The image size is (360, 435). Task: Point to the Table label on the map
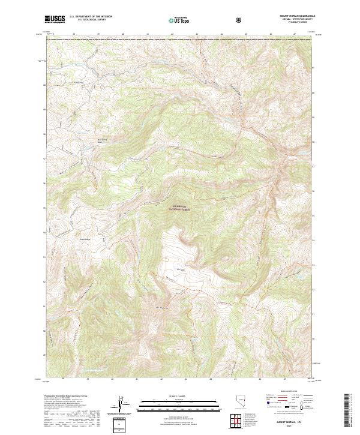pyautogui.click(x=178, y=268)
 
